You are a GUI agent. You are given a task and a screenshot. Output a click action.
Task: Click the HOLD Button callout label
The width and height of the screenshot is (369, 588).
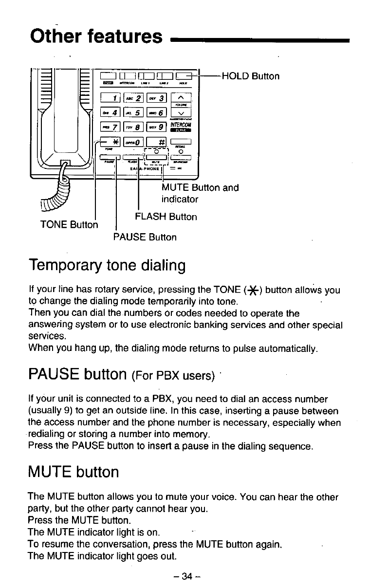coord(250,76)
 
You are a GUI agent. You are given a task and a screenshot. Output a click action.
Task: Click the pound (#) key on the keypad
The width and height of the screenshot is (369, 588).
coord(158,142)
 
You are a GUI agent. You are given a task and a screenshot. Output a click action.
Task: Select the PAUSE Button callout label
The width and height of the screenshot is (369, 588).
coord(145,238)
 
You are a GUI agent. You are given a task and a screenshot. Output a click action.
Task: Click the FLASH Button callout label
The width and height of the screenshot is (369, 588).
coord(166,217)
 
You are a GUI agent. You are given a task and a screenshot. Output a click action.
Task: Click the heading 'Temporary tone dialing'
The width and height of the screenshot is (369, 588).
coord(107,266)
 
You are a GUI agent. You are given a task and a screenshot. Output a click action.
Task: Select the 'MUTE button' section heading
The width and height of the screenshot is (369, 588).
coord(74,472)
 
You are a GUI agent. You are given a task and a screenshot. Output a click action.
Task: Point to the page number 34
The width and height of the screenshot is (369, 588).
coord(187,576)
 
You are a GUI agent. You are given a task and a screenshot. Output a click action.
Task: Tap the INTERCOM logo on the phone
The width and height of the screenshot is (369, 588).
coord(180,128)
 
